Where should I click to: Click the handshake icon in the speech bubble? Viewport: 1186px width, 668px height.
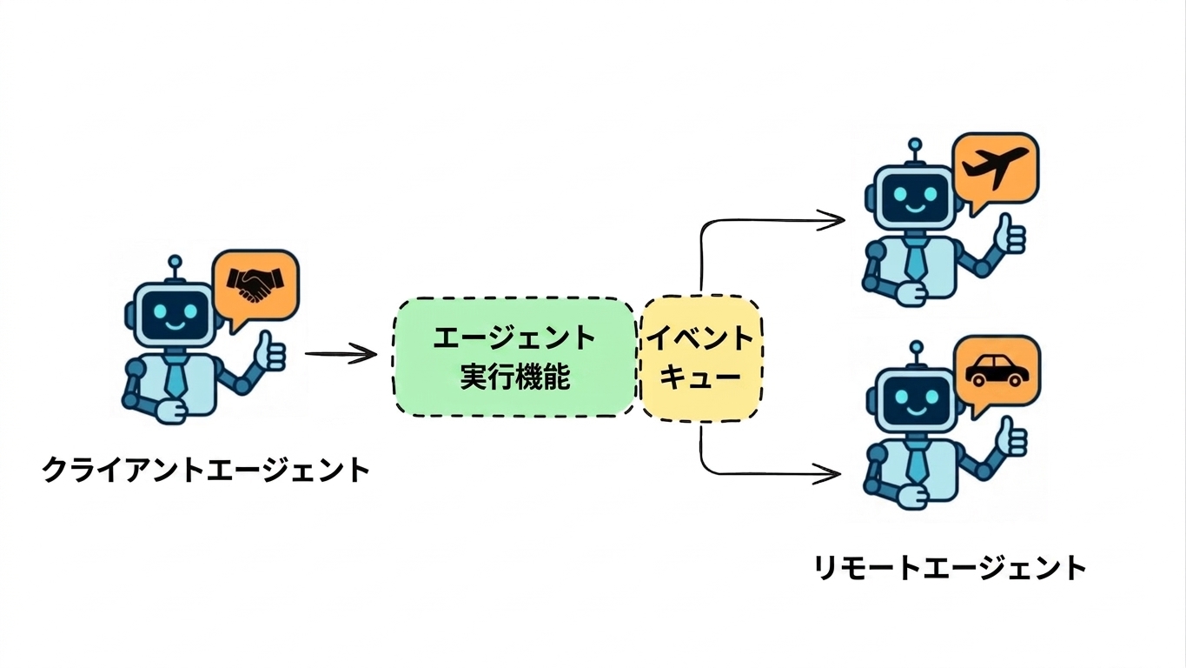[x=255, y=284]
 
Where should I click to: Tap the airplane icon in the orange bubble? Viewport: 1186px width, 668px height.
[x=996, y=168]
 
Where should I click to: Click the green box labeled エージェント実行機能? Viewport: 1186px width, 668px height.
[x=514, y=357]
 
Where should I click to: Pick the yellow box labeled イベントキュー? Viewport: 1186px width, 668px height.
[x=701, y=359]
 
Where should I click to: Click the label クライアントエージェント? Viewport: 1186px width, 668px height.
[x=206, y=470]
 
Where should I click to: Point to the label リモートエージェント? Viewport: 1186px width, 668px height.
[x=950, y=568]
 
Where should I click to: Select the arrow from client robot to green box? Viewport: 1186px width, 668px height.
[x=341, y=354]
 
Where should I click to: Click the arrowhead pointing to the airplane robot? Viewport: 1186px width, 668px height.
[x=831, y=220]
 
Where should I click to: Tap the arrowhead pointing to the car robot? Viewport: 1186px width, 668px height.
[x=827, y=473]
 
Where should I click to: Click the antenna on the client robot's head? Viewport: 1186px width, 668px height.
[x=175, y=270]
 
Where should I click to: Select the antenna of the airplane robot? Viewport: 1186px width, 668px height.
[x=915, y=153]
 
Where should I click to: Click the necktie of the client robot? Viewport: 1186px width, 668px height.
[x=175, y=377]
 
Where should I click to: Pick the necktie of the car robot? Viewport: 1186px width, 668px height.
[x=917, y=463]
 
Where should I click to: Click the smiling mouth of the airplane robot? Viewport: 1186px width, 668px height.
[x=914, y=206]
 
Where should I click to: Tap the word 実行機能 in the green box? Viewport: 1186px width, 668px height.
[x=514, y=376]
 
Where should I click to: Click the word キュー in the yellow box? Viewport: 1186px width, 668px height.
[x=700, y=377]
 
